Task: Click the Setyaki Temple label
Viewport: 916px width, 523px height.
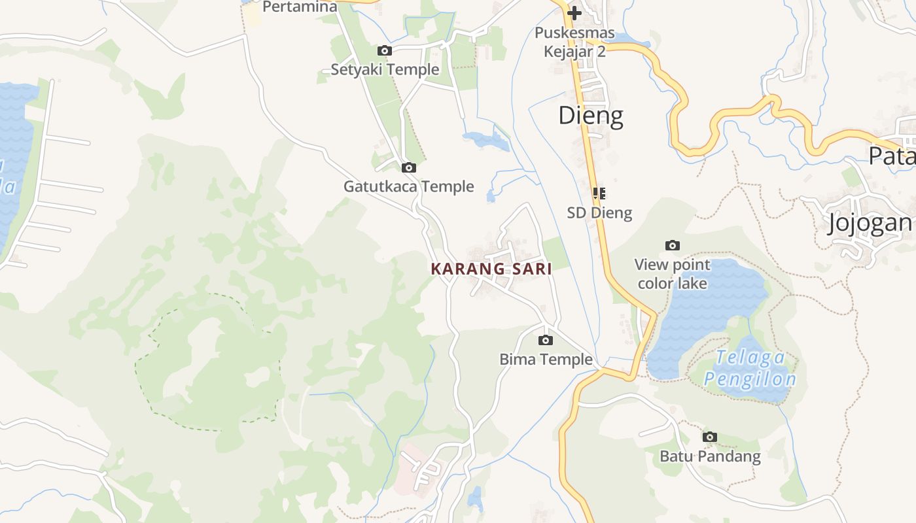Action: (385, 69)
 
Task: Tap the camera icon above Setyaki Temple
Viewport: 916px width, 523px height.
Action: (385, 50)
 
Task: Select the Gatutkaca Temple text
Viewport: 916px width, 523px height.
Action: (409, 186)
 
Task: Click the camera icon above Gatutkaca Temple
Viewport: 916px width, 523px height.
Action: (409, 168)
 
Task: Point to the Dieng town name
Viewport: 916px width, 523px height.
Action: (590, 116)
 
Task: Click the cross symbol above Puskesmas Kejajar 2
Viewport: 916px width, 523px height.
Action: (574, 12)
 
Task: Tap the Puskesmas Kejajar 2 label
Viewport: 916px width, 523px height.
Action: (574, 42)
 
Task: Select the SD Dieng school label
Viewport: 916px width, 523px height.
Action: (599, 212)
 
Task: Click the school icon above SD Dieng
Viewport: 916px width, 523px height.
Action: (599, 194)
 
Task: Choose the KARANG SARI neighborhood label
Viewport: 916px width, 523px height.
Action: (491, 269)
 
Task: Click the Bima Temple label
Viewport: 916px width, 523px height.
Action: (546, 359)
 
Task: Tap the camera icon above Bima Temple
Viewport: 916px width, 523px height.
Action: (545, 340)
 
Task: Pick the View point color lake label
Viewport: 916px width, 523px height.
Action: (672, 274)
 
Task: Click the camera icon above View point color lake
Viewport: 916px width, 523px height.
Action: (672, 246)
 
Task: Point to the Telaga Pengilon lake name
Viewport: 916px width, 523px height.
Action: (750, 368)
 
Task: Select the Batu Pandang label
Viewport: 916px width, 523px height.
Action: (710, 456)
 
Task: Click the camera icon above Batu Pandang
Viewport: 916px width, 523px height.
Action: (709, 437)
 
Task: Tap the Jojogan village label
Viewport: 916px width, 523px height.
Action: (870, 223)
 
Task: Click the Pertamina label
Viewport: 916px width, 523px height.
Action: (300, 7)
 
